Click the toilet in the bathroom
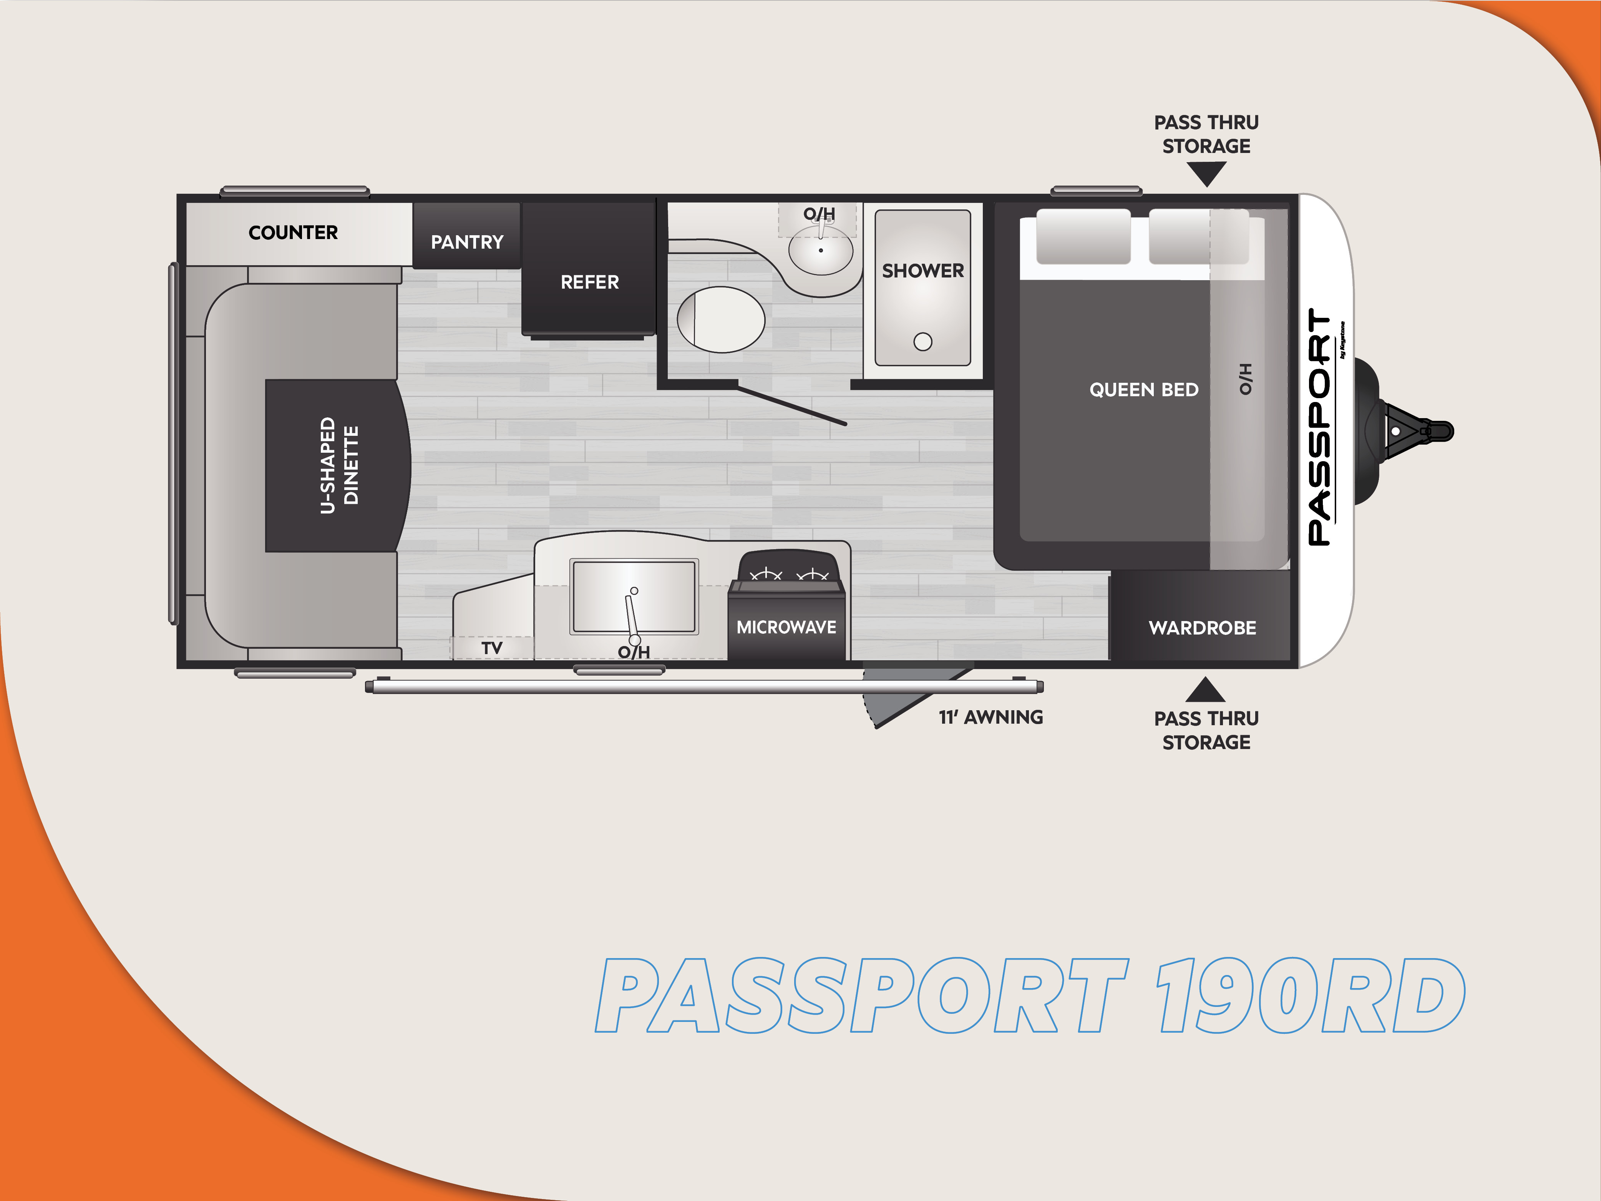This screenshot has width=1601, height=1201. (721, 319)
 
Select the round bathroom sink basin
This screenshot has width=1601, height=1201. (821, 251)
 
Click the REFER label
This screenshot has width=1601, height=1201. (590, 282)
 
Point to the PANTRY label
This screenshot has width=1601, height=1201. (467, 242)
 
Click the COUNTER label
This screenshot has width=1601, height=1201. (293, 233)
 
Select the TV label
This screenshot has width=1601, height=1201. (492, 648)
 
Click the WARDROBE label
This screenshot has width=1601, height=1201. (1202, 628)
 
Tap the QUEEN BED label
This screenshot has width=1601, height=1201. (1143, 389)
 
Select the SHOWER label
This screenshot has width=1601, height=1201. (923, 271)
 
